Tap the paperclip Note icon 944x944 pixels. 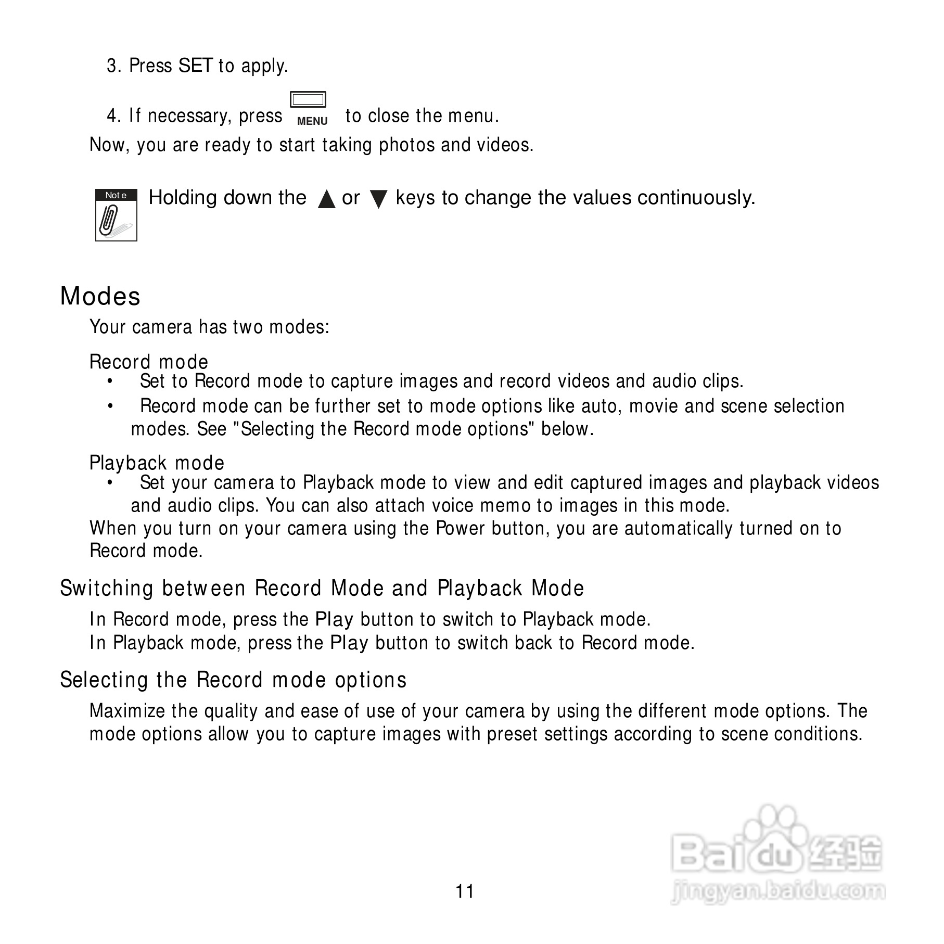116,215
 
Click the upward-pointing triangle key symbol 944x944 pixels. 326,199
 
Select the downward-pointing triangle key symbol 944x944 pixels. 378,199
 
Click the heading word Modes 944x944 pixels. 100,296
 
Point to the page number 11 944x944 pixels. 465,891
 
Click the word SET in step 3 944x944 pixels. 195,66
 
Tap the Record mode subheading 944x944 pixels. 149,362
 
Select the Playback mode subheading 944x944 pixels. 157,463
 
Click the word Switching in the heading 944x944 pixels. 107,588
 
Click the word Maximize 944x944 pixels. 127,711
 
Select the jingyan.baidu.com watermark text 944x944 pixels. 777,891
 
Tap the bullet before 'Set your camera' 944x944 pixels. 110,482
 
